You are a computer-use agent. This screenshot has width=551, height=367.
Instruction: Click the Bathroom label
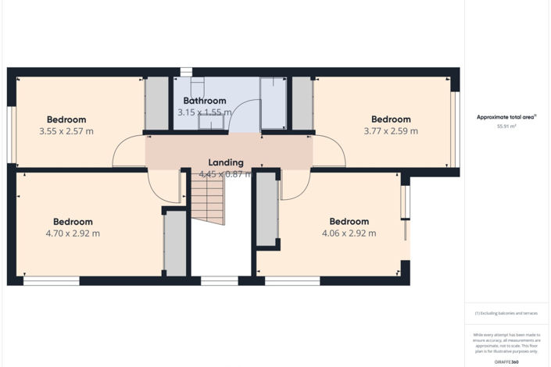coord(205,101)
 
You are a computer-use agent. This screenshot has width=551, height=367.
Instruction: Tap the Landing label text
coord(225,162)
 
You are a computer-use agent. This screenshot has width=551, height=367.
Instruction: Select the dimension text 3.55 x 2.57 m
coord(66,131)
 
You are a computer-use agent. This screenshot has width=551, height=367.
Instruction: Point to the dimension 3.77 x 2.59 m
coord(391,131)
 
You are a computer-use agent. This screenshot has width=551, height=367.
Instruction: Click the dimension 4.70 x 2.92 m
coord(73,233)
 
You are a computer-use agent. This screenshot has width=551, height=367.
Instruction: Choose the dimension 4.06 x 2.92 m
coord(349,233)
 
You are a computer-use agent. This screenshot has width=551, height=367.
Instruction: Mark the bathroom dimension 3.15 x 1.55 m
coord(205,112)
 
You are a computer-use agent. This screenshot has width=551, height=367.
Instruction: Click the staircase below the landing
coord(209,198)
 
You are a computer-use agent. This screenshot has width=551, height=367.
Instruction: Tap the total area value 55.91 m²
coord(506,125)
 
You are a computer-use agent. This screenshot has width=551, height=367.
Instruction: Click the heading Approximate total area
coord(506,117)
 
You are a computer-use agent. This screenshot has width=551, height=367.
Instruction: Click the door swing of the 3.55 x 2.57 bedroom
coord(128,152)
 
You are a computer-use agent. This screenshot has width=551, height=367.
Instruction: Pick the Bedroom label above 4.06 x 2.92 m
coord(349,222)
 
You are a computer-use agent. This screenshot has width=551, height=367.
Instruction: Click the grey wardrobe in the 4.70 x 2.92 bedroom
coord(175,242)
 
